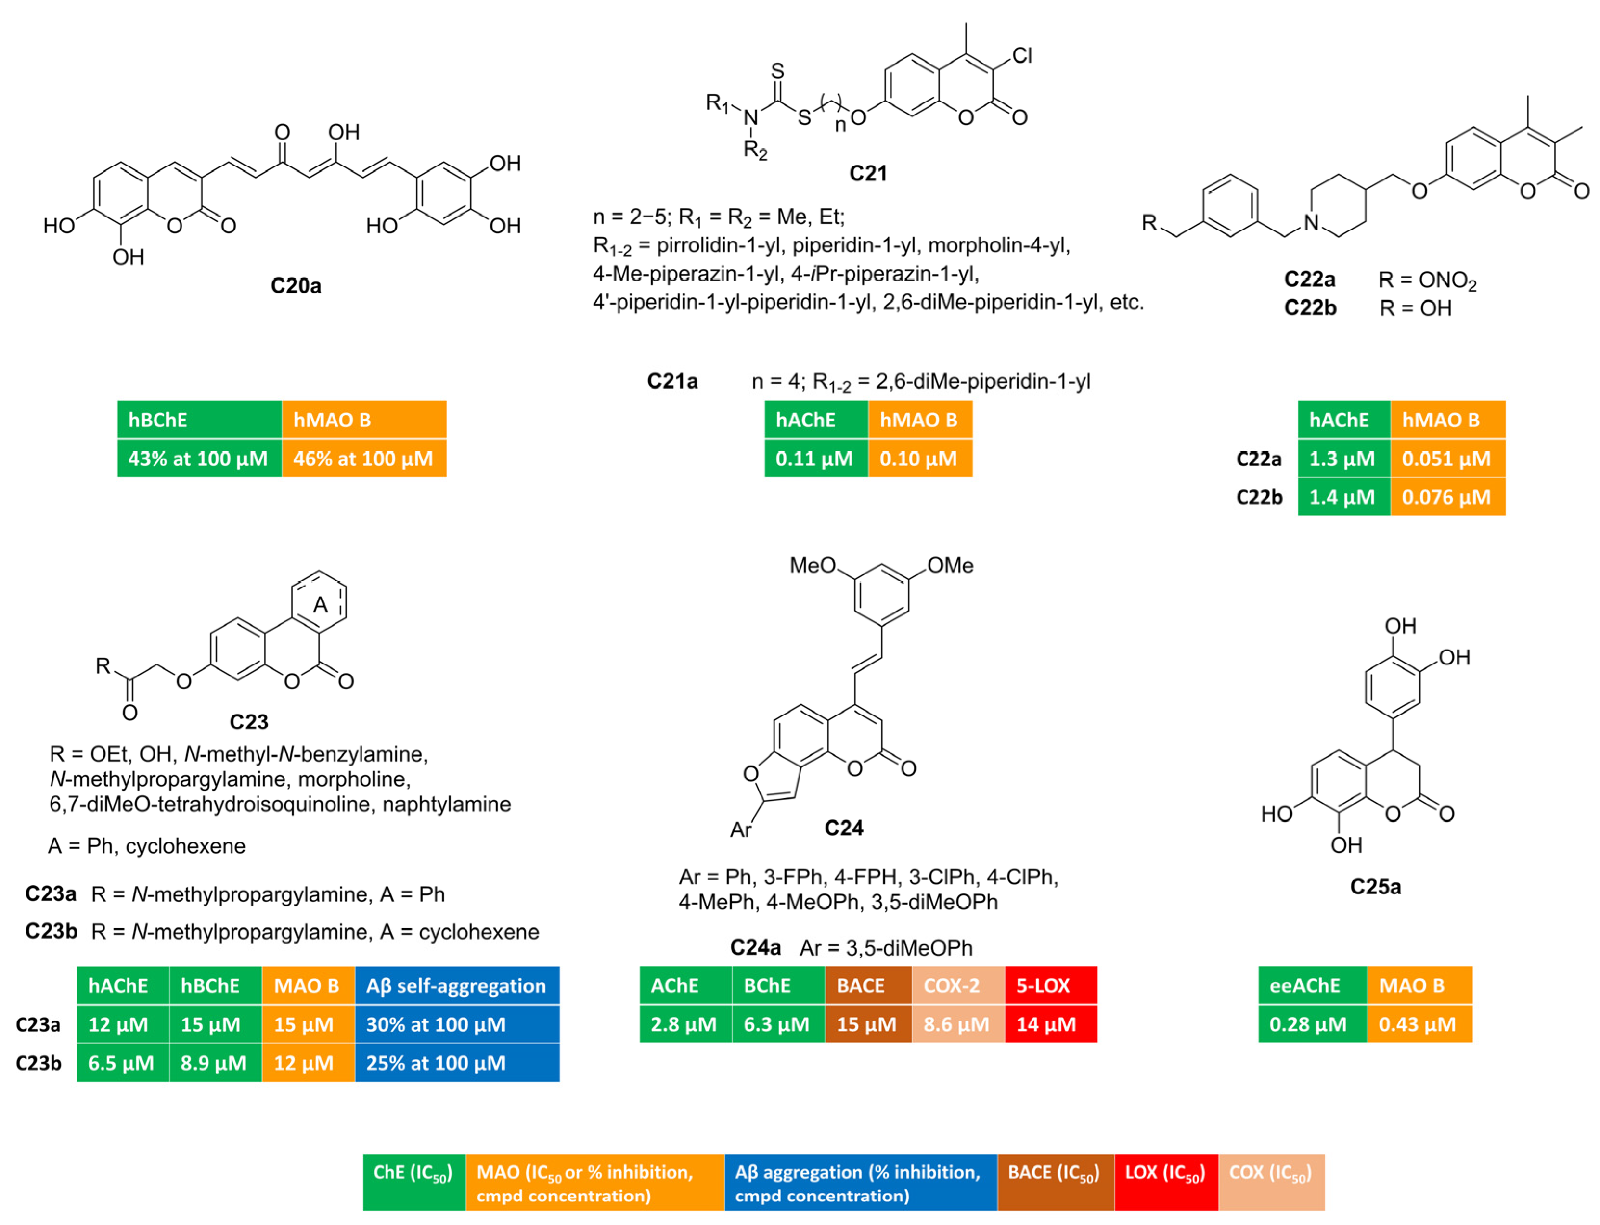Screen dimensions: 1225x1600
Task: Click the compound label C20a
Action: (x=296, y=285)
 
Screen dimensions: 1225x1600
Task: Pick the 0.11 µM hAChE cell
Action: (x=814, y=459)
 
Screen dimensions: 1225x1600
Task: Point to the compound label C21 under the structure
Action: (x=868, y=174)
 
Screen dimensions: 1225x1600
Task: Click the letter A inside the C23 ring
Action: (x=320, y=604)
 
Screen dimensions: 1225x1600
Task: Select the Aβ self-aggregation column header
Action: (x=456, y=986)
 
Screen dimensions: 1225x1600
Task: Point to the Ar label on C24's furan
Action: (x=740, y=830)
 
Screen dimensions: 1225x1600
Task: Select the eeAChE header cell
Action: (x=1304, y=986)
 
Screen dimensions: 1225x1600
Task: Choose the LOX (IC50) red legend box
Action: (x=1165, y=1182)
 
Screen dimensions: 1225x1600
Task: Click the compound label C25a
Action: (x=1375, y=887)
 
